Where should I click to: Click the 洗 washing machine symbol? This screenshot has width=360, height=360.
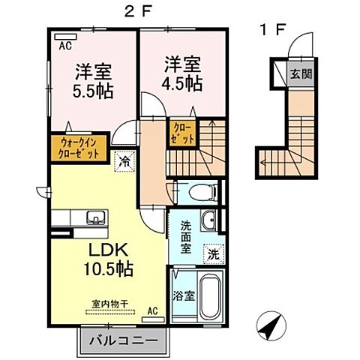click(214, 253)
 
